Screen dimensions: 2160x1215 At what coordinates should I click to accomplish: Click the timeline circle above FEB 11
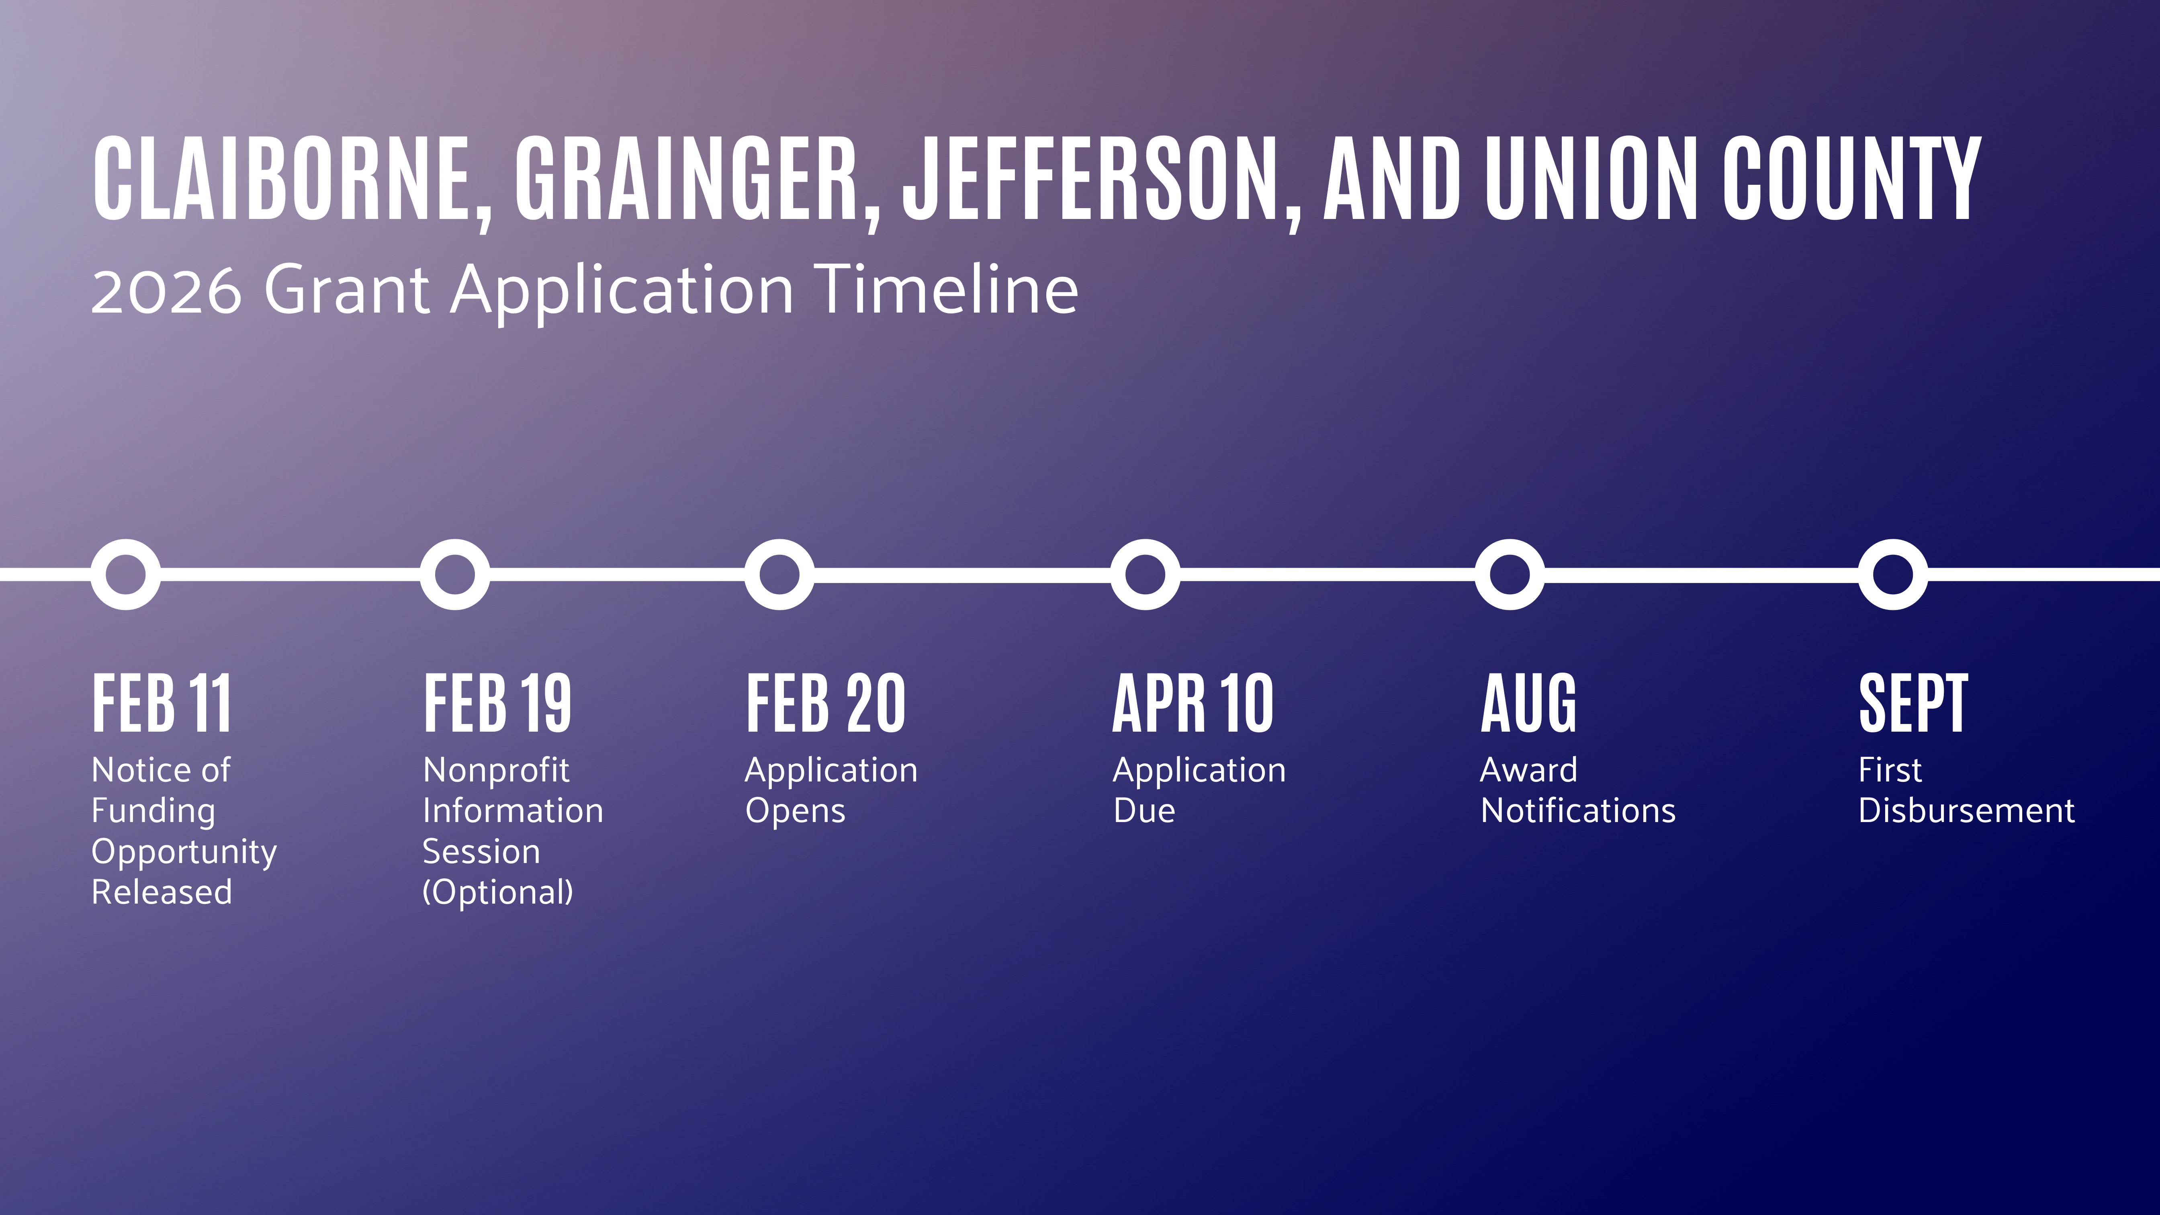pyautogui.click(x=126, y=575)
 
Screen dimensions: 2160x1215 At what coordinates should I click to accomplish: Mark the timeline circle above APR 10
pyautogui.click(x=1145, y=575)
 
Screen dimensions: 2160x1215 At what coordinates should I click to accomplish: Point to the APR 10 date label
pyautogui.click(x=1193, y=703)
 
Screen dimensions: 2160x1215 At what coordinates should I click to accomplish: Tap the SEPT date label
pyautogui.click(x=1913, y=703)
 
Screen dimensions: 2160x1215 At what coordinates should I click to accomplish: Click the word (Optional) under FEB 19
pyautogui.click(x=498, y=892)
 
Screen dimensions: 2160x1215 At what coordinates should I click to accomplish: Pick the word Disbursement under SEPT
pyautogui.click(x=1966, y=811)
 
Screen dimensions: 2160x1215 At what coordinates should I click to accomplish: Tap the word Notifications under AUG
pyautogui.click(x=1578, y=811)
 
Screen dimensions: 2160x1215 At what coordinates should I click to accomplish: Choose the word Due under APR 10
pyautogui.click(x=1145, y=811)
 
